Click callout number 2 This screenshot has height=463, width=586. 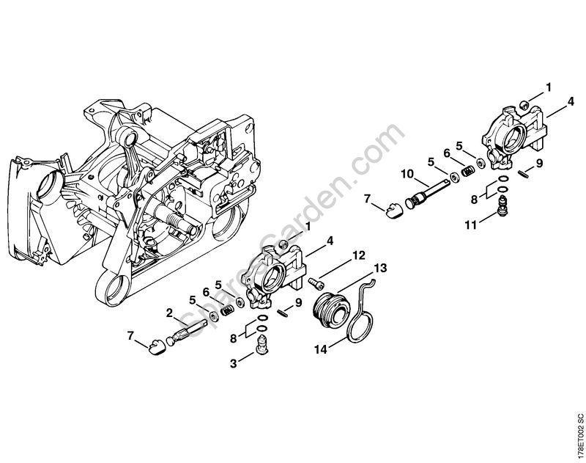pos(169,313)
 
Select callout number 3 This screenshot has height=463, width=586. pos(233,363)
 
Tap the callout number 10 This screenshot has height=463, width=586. pos(408,174)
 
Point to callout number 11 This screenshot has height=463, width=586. pos(471,225)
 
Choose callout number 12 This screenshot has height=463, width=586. pos(358,255)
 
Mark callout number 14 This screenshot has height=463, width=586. pos(320,349)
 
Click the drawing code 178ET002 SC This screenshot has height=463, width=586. pos(579,437)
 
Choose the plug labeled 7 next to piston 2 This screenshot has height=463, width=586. pos(156,346)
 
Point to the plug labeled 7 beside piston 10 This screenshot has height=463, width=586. pos(393,210)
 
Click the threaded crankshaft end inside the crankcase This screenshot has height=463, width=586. pos(177,219)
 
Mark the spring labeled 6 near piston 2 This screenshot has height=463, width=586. pos(228,310)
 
